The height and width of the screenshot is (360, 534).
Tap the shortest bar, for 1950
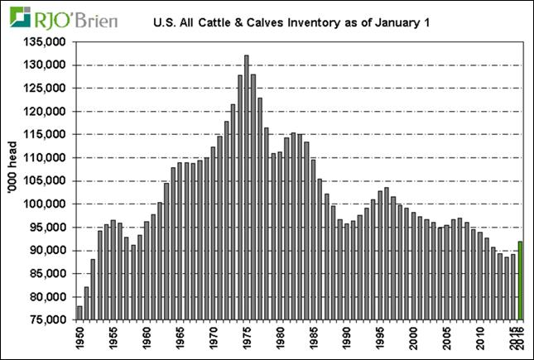(x=79, y=312)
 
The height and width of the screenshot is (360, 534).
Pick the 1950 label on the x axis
(x=80, y=339)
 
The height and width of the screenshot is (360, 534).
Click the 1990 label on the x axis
(x=347, y=339)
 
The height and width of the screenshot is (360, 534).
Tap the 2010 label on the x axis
(x=480, y=339)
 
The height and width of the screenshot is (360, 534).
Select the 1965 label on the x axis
(x=180, y=339)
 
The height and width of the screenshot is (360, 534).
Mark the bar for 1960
(x=147, y=270)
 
